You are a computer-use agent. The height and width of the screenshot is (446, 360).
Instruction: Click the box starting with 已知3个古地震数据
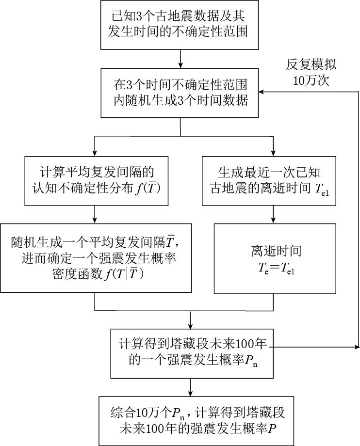click(x=180, y=25)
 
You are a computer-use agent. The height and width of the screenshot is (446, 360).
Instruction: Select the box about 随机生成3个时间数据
click(x=180, y=93)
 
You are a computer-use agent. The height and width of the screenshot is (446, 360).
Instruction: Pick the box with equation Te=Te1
click(x=275, y=258)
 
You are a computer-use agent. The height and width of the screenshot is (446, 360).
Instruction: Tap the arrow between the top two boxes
click(x=180, y=59)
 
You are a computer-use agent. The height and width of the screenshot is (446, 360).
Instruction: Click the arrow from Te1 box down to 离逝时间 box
click(x=275, y=214)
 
